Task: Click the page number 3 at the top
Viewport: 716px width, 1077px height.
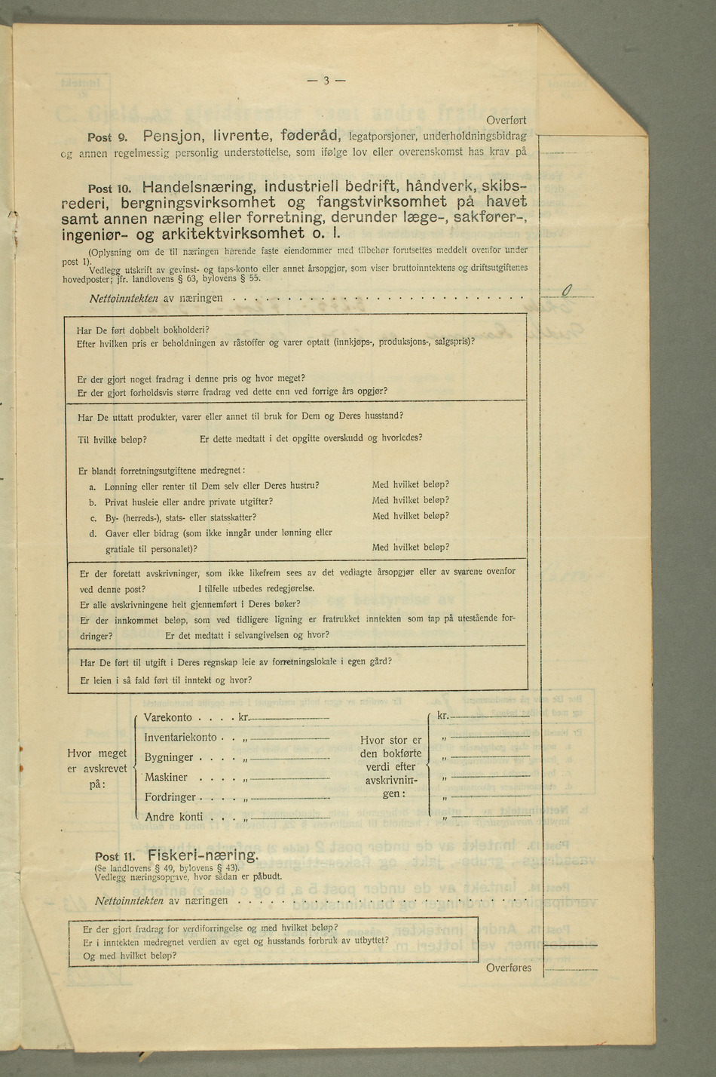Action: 326,81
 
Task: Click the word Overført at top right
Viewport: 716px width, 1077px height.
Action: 506,120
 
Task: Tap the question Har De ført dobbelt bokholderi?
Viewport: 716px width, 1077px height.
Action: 142,330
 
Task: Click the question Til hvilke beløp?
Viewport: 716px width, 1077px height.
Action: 112,439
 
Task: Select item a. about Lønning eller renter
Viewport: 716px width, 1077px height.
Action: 203,485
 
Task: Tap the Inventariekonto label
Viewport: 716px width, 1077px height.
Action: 180,738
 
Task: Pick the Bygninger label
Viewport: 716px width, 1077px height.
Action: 169,757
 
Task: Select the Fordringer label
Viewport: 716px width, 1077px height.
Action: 170,796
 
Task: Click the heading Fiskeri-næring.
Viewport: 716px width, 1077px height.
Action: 203,855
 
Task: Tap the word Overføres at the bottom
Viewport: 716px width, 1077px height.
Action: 508,968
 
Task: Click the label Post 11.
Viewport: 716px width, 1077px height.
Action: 114,857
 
